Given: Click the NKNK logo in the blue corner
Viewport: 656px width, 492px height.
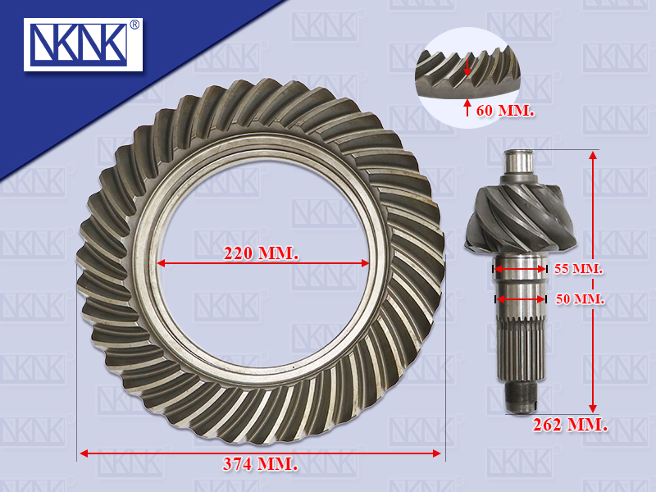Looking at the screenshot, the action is (83, 44).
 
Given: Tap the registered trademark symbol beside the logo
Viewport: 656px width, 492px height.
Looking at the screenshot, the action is (134, 25).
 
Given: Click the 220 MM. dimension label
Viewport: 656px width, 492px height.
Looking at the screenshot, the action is (261, 253).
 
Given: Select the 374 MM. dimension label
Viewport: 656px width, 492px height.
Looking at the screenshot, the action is (260, 464).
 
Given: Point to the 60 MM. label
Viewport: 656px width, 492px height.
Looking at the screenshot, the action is (505, 111).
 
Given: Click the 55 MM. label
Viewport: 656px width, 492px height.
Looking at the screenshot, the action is (579, 269).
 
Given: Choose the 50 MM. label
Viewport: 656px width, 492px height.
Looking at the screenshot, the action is (581, 299).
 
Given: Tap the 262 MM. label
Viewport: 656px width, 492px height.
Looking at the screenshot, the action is (570, 425).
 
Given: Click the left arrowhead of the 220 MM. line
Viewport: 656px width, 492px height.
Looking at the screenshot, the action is (161, 263).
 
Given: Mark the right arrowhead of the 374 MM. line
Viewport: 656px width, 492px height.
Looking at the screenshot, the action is (436, 453).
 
